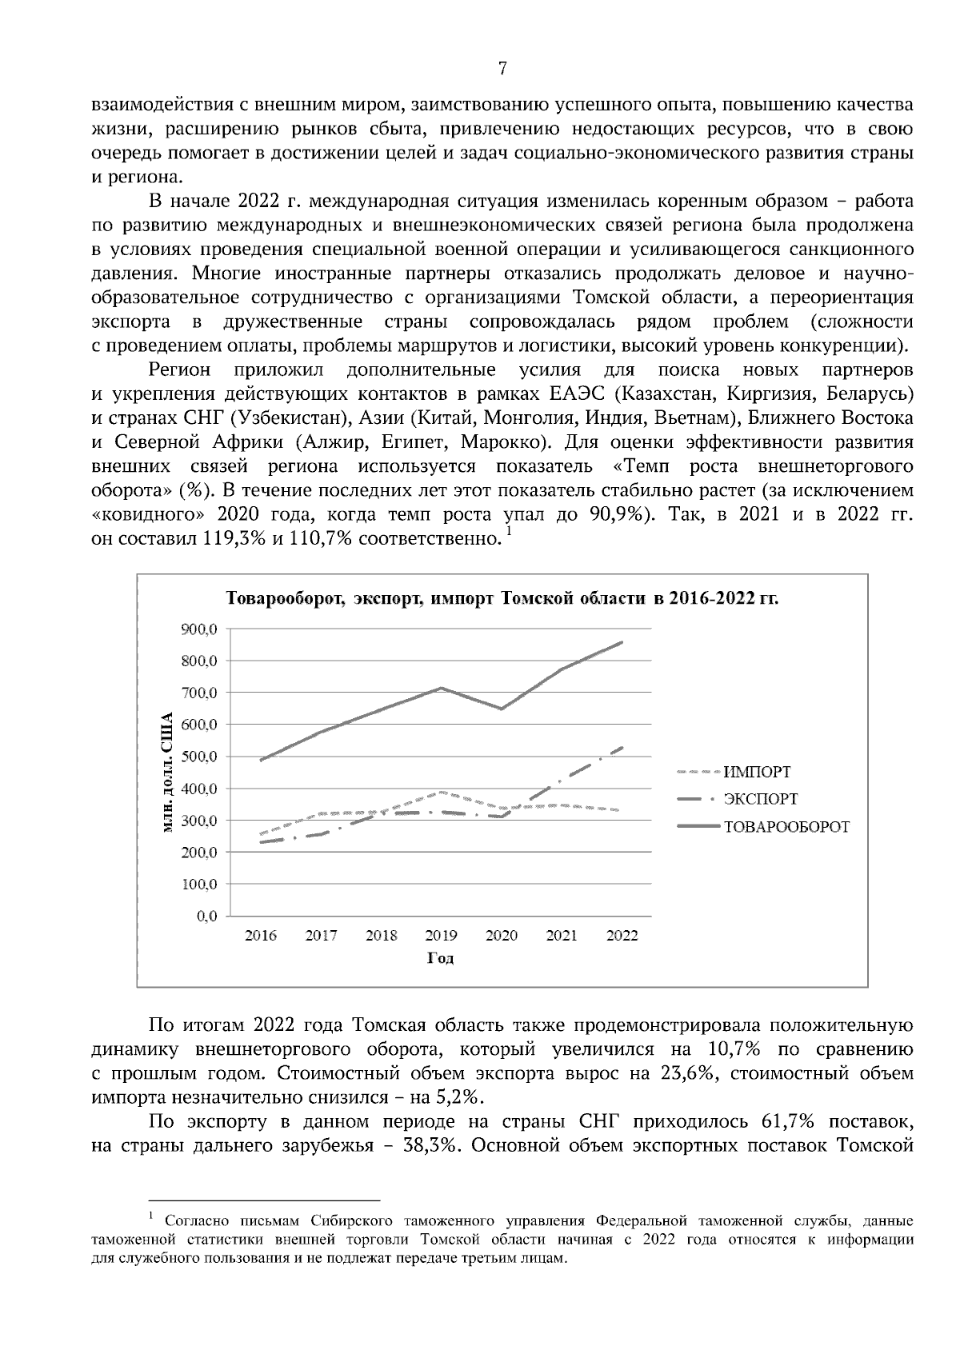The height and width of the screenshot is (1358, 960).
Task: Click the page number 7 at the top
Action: (x=502, y=69)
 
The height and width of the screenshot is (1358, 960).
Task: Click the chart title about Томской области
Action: (x=502, y=599)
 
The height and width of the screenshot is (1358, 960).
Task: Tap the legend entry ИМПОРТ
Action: (x=757, y=773)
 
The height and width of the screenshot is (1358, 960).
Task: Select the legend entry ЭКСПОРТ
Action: (x=760, y=800)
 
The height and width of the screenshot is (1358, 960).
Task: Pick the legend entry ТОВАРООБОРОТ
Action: (x=786, y=827)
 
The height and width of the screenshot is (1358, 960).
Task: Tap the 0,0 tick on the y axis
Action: (x=206, y=917)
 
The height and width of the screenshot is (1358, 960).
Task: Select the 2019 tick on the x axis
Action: (x=441, y=936)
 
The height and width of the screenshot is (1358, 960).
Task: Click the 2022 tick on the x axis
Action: (x=622, y=936)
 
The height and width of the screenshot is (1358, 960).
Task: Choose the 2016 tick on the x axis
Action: (x=260, y=936)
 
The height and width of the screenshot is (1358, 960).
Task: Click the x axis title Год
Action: (x=441, y=958)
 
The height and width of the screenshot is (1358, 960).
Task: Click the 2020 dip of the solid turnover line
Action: (x=502, y=709)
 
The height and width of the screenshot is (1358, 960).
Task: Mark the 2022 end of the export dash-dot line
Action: (x=622, y=748)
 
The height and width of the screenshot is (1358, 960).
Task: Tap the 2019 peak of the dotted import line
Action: (x=441, y=793)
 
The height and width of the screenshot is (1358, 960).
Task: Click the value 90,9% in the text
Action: (x=617, y=515)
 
